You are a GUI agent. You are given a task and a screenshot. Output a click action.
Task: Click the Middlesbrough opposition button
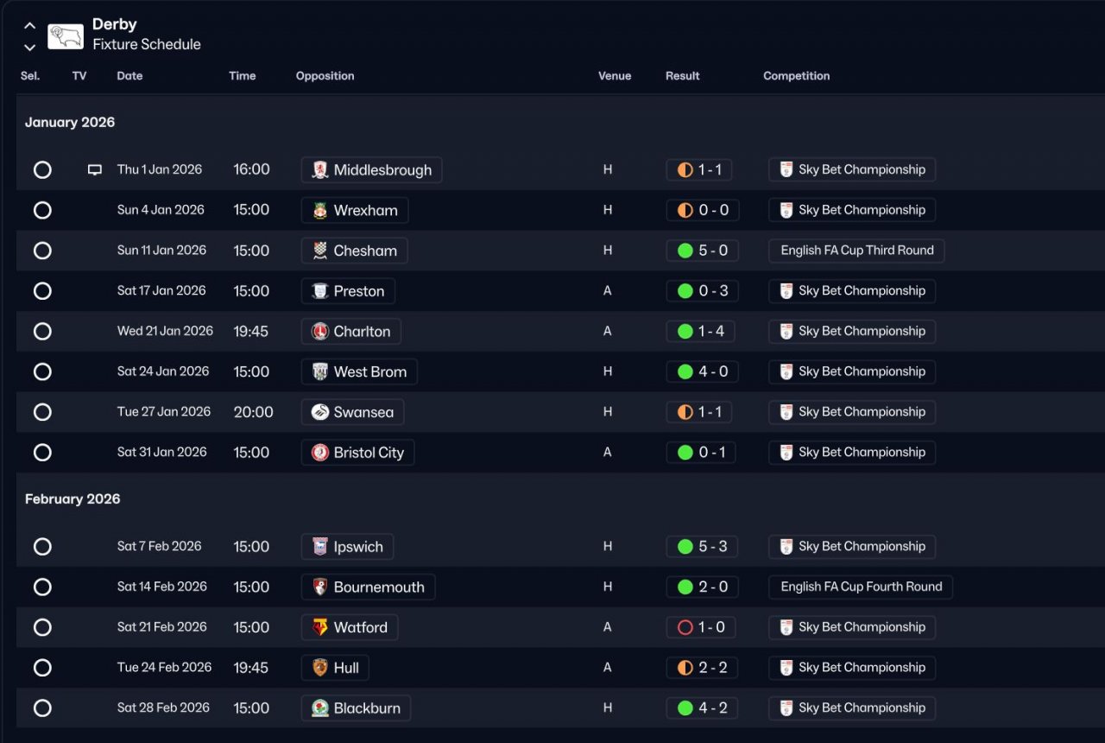(371, 170)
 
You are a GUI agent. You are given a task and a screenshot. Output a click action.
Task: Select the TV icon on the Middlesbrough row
(95, 170)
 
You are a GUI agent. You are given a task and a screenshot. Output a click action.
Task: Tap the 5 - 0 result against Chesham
(701, 251)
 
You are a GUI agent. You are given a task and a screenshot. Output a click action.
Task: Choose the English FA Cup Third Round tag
(856, 251)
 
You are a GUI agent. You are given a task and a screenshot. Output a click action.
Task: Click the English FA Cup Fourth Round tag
(861, 587)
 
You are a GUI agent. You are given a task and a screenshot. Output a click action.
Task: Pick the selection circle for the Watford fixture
(42, 627)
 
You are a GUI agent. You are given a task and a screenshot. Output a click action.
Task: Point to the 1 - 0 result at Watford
(701, 627)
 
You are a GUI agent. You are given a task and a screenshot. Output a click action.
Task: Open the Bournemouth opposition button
(368, 587)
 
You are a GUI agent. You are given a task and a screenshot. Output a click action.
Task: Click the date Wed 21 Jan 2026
(165, 331)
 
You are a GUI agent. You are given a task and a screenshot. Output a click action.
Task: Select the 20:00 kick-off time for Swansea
(253, 412)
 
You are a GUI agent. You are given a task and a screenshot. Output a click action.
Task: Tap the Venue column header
(615, 76)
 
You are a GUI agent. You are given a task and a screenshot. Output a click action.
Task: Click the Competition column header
(796, 76)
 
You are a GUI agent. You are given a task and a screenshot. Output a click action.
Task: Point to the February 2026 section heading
(73, 499)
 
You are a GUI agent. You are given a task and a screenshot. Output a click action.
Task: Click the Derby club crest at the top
(66, 35)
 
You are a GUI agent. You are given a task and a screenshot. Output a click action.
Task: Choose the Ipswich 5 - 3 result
(701, 547)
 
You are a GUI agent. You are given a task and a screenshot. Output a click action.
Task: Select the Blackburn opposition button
(356, 708)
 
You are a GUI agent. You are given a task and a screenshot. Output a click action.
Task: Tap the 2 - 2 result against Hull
(701, 668)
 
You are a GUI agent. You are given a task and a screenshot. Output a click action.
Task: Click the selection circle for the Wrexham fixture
(42, 211)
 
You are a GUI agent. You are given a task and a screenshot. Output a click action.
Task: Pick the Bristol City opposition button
(357, 453)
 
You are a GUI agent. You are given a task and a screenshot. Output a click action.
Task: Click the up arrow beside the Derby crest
(29, 26)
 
